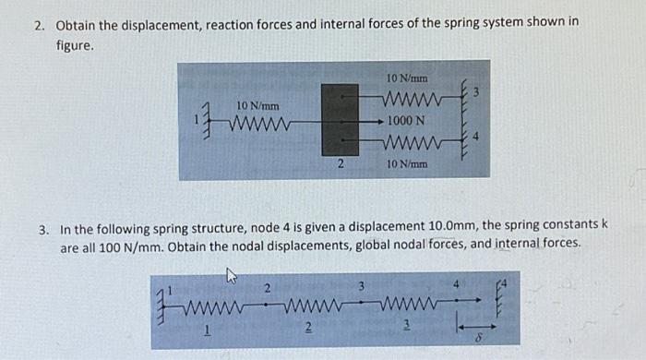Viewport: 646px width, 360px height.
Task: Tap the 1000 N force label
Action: point(406,120)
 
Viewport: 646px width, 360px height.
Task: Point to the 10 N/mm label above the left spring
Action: point(258,106)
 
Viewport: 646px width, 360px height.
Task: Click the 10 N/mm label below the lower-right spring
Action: point(406,163)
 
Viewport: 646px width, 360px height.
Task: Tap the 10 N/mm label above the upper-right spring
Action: point(406,78)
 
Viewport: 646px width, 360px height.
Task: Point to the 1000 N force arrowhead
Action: point(383,120)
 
